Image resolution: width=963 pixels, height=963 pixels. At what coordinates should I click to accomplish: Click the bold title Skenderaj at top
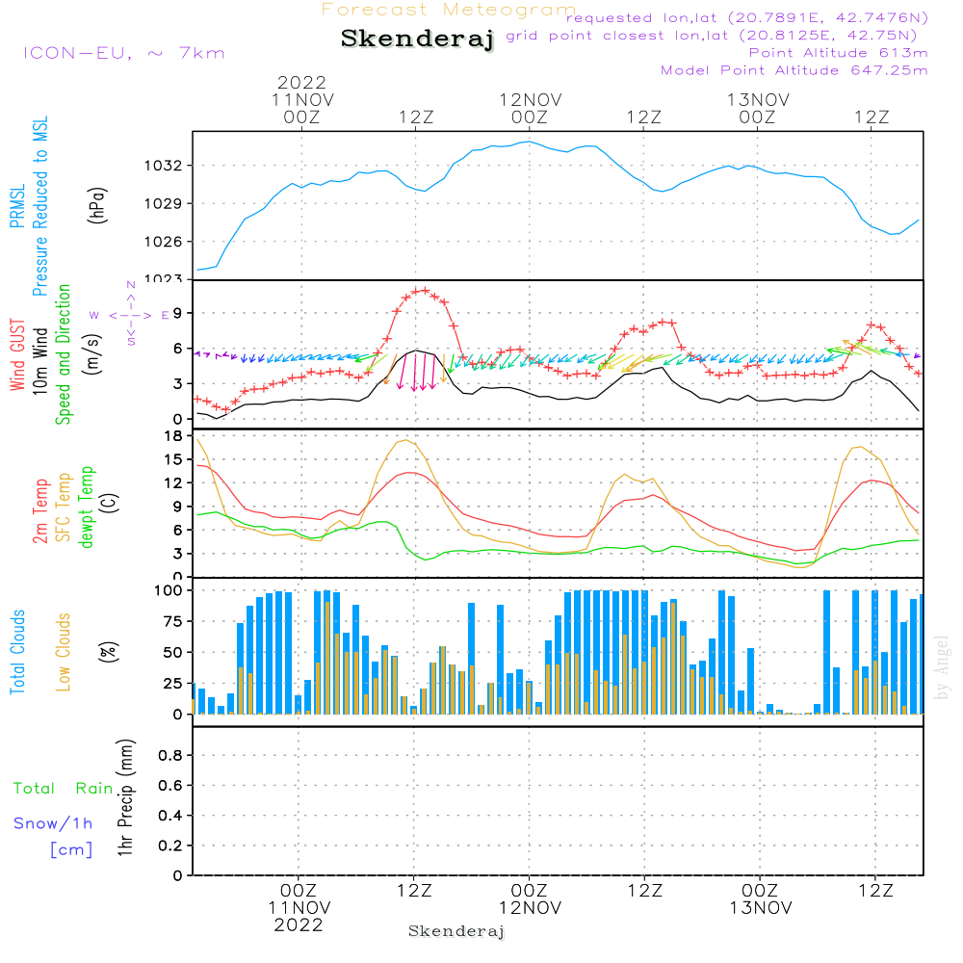click(417, 39)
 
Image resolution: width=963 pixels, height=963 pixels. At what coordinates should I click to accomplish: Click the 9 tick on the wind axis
click(177, 313)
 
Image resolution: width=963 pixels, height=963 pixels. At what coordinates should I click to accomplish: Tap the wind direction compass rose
click(131, 315)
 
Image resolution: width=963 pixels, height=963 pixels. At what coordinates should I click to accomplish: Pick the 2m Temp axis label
click(40, 511)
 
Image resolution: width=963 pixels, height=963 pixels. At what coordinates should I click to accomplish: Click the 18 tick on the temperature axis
click(173, 436)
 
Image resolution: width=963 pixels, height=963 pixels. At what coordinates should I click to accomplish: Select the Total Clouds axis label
click(17, 652)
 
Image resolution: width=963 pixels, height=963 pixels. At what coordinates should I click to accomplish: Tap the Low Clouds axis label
click(64, 652)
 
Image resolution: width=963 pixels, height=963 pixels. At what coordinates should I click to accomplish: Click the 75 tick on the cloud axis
click(170, 621)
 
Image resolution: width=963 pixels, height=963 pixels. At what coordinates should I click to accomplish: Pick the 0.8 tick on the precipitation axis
click(170, 756)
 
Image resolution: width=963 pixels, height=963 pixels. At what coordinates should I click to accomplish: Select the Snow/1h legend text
click(53, 823)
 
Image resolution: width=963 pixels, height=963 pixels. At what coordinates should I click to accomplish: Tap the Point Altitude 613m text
click(838, 52)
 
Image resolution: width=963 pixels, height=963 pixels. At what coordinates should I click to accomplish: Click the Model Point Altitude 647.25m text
click(794, 70)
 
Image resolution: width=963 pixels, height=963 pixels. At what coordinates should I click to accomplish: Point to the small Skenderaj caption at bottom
click(456, 931)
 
